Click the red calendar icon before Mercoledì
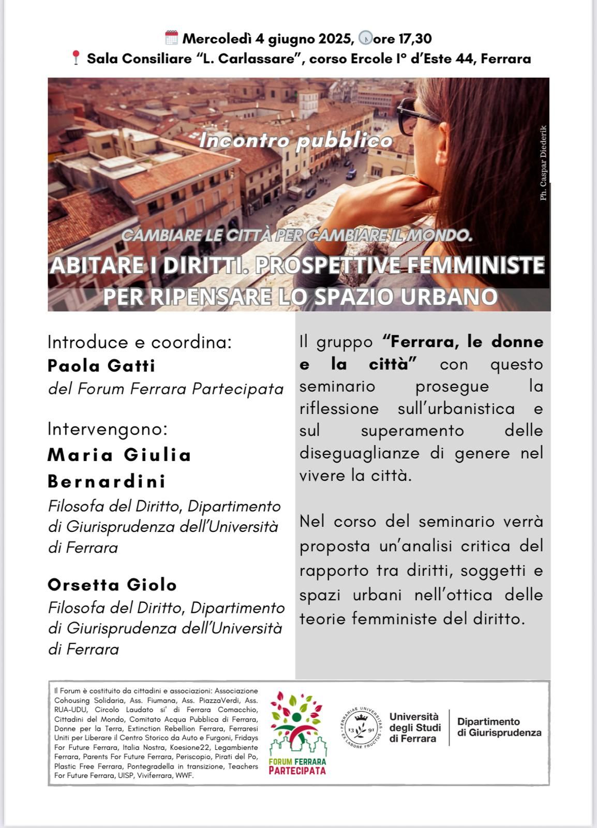pos(171,38)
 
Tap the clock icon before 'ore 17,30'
pos(365,38)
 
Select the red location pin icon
pos(76,57)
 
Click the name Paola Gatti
pos(101,366)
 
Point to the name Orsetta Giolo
pos(112,585)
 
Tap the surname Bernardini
pos(107,481)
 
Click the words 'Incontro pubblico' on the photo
pos(296,141)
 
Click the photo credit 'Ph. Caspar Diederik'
pos(543,163)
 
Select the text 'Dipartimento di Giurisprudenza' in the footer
pos(499,727)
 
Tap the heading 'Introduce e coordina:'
pos(140,342)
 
